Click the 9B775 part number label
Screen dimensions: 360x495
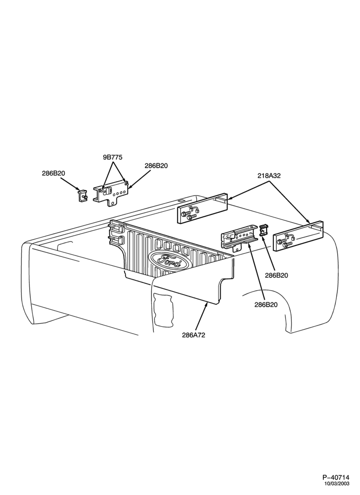(113, 157)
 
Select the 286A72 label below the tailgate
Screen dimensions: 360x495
(193, 335)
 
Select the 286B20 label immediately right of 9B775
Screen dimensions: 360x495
(156, 165)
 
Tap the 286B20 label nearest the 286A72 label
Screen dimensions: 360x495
(266, 305)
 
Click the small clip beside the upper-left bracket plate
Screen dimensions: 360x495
(82, 195)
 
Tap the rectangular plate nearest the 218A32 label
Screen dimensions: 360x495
(202, 209)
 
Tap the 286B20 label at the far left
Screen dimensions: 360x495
(53, 173)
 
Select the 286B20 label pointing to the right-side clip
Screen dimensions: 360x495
(276, 275)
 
